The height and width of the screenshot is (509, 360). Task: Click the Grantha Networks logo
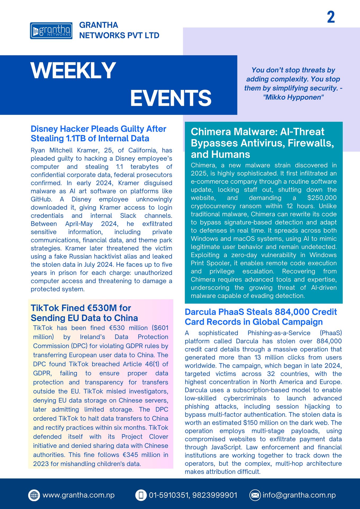click(x=51, y=31)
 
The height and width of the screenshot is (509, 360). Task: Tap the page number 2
click(x=331, y=17)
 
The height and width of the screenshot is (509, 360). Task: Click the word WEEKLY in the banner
click(x=73, y=71)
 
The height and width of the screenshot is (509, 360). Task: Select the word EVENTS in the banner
click(x=171, y=98)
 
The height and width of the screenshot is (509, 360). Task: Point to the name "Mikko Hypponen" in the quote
click(x=293, y=97)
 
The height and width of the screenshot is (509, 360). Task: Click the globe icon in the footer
click(x=34, y=495)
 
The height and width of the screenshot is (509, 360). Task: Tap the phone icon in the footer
click(x=141, y=495)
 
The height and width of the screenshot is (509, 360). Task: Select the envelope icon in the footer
click(x=255, y=495)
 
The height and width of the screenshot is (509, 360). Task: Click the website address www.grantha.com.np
click(x=78, y=495)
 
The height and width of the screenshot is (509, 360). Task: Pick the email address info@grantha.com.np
click(x=299, y=495)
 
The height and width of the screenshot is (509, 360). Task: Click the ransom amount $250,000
click(x=322, y=198)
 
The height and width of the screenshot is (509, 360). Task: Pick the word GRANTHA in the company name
click(x=99, y=25)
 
